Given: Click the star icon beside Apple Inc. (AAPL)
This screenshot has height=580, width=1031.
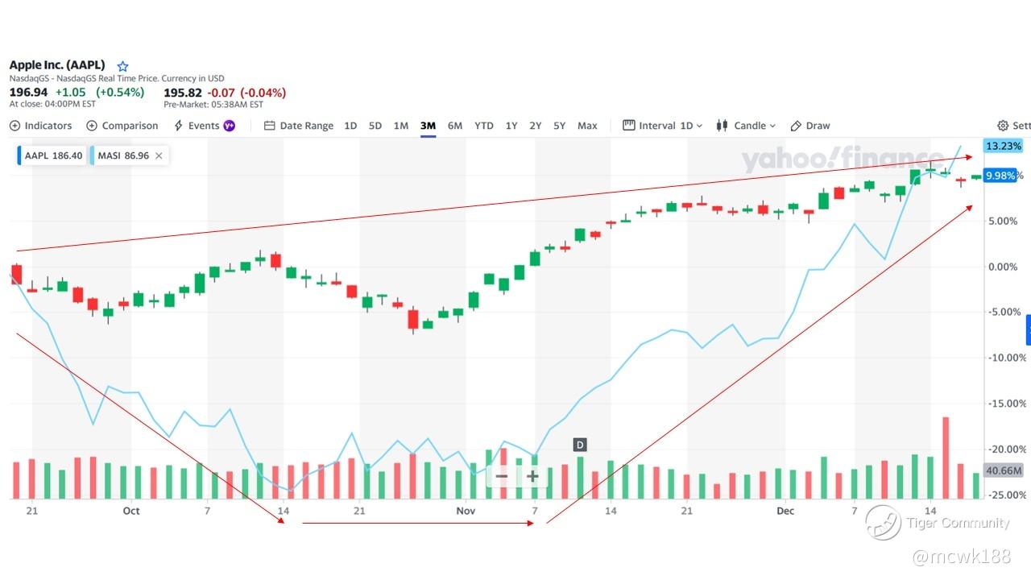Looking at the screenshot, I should pyautogui.click(x=122, y=66).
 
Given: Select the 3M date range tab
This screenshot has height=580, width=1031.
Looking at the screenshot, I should pyautogui.click(x=428, y=126).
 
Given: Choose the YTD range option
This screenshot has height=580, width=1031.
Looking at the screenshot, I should pyautogui.click(x=483, y=126).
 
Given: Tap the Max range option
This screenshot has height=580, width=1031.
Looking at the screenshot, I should pyautogui.click(x=587, y=126).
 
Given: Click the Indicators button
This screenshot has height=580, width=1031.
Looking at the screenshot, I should pyautogui.click(x=40, y=126).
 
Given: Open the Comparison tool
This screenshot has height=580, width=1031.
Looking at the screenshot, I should pyautogui.click(x=122, y=126).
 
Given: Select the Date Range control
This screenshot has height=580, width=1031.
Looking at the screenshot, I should pyautogui.click(x=299, y=126).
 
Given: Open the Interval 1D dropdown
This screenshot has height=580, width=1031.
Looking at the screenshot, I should pyautogui.click(x=663, y=126).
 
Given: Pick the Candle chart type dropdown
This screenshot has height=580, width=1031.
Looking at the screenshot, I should pyautogui.click(x=746, y=126).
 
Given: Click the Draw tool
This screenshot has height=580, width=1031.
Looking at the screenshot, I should pyautogui.click(x=810, y=126).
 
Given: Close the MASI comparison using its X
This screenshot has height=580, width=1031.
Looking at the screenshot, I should pyautogui.click(x=159, y=155).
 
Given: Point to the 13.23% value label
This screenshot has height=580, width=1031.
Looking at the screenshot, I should pyautogui.click(x=1003, y=147).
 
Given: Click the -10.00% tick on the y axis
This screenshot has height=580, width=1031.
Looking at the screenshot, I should pyautogui.click(x=1007, y=358).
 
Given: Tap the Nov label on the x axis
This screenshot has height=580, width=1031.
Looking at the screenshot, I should pyautogui.click(x=466, y=511).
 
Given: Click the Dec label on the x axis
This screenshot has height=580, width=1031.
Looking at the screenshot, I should pyautogui.click(x=785, y=511).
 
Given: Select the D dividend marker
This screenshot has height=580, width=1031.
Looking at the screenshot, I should pyautogui.click(x=580, y=445).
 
